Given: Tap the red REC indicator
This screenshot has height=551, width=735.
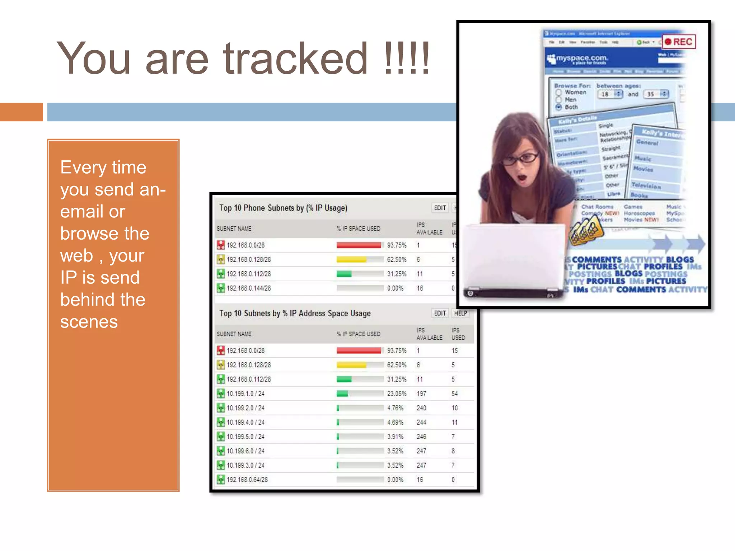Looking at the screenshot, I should point(679,42).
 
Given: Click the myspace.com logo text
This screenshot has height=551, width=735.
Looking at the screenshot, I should point(581,58).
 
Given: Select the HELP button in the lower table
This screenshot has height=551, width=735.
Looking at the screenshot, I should point(460,313).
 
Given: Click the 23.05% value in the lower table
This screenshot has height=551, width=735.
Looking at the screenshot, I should point(397,394).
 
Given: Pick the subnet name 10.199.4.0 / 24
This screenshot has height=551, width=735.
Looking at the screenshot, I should point(245,422).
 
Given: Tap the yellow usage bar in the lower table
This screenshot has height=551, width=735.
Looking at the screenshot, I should point(351,365).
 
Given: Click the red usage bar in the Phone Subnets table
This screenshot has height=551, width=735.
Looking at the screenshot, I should point(359,245).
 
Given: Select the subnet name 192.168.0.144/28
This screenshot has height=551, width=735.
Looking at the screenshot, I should point(249,288).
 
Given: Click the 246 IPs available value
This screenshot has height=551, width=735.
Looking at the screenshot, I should point(421,437).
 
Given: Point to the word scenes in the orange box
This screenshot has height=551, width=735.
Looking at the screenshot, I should point(89,322).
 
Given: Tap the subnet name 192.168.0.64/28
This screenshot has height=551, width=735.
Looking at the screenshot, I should point(247,480).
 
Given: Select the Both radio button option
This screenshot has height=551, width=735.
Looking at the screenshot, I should point(559,107).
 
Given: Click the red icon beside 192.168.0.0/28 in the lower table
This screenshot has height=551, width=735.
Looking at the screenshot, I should point(221,350).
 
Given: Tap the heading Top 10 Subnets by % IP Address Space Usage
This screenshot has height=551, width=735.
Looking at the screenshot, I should point(295,313).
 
